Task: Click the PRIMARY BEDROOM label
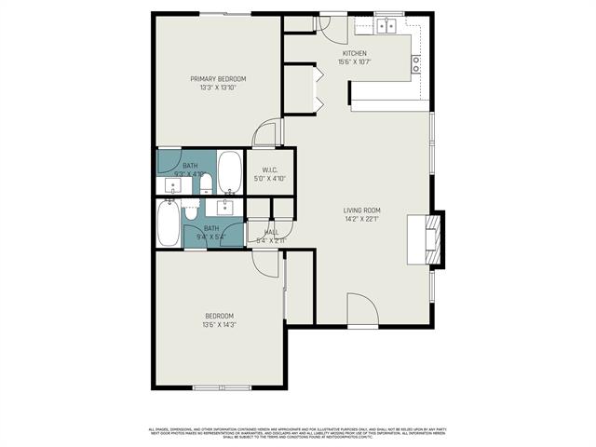(218, 79)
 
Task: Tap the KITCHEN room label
(355, 54)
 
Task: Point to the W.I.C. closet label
(270, 169)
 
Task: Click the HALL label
(271, 232)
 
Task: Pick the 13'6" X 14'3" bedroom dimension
(219, 325)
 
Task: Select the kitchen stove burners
(416, 63)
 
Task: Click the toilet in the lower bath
(191, 213)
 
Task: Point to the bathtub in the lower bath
(169, 224)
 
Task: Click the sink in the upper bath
(172, 186)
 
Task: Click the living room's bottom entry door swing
(362, 311)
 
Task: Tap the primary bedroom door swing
(267, 134)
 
